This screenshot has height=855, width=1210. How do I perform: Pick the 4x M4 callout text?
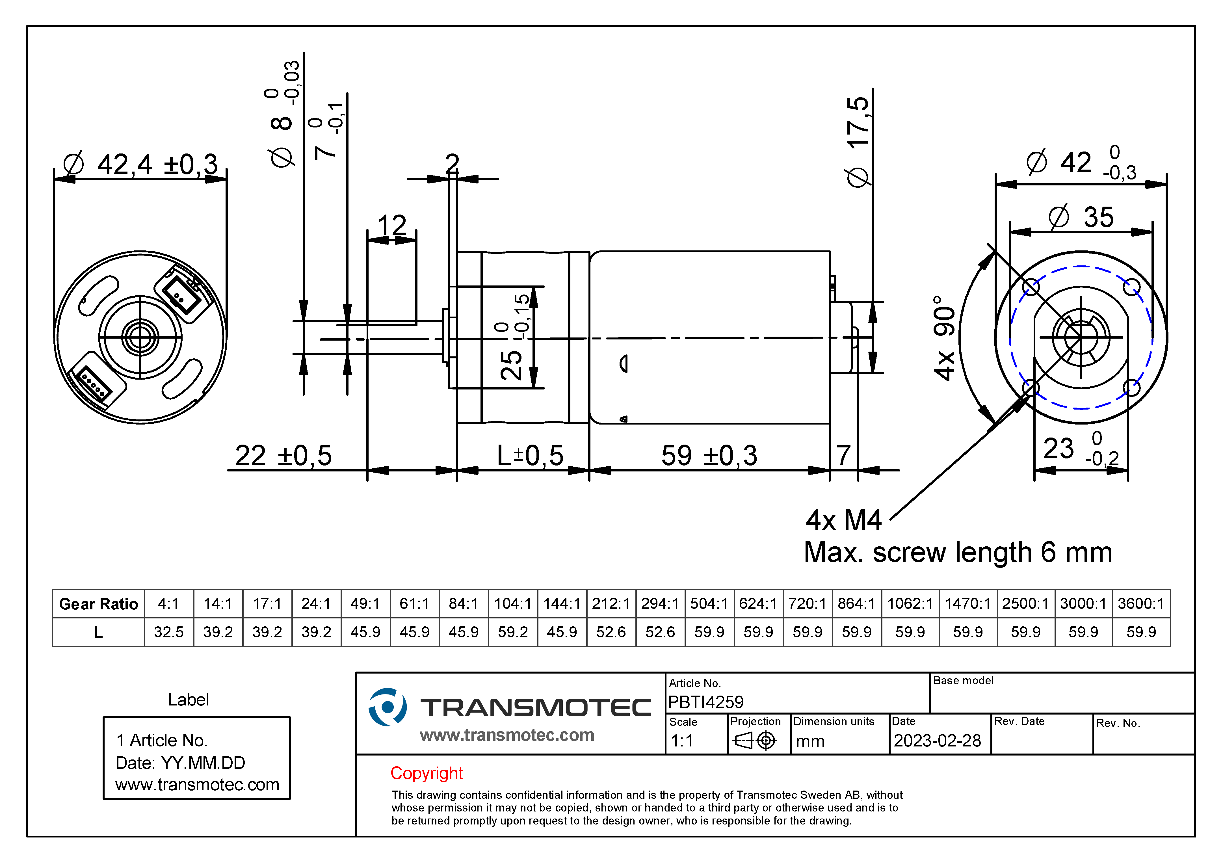point(843,520)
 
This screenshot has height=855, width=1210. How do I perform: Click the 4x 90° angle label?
point(944,337)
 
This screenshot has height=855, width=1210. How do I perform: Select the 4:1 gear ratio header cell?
point(169,603)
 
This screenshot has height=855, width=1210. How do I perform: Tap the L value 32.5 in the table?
point(169,632)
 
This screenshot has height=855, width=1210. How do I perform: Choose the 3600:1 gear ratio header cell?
point(1141,603)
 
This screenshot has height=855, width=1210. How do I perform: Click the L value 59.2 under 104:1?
point(513,632)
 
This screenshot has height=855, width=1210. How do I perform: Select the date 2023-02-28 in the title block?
point(937,741)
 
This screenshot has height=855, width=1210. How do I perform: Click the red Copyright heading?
point(426,773)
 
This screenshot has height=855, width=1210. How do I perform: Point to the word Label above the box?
point(188,700)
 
